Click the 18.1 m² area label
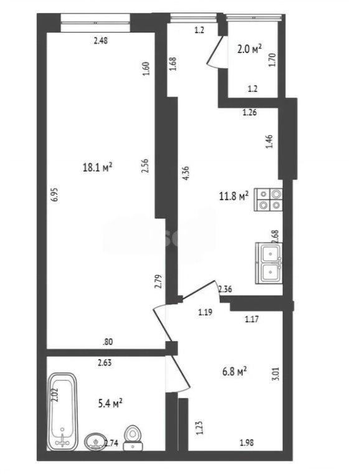click(98, 167)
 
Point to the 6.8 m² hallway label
click(234, 372)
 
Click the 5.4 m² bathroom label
click(110, 403)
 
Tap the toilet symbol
click(132, 436)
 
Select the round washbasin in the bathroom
click(95, 441)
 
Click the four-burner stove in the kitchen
click(270, 199)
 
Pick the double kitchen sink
click(270, 262)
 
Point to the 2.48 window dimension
click(100, 41)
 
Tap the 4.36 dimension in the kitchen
click(185, 173)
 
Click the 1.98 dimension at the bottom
click(247, 443)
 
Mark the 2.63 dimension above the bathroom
click(105, 362)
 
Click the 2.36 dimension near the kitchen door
click(225, 289)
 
